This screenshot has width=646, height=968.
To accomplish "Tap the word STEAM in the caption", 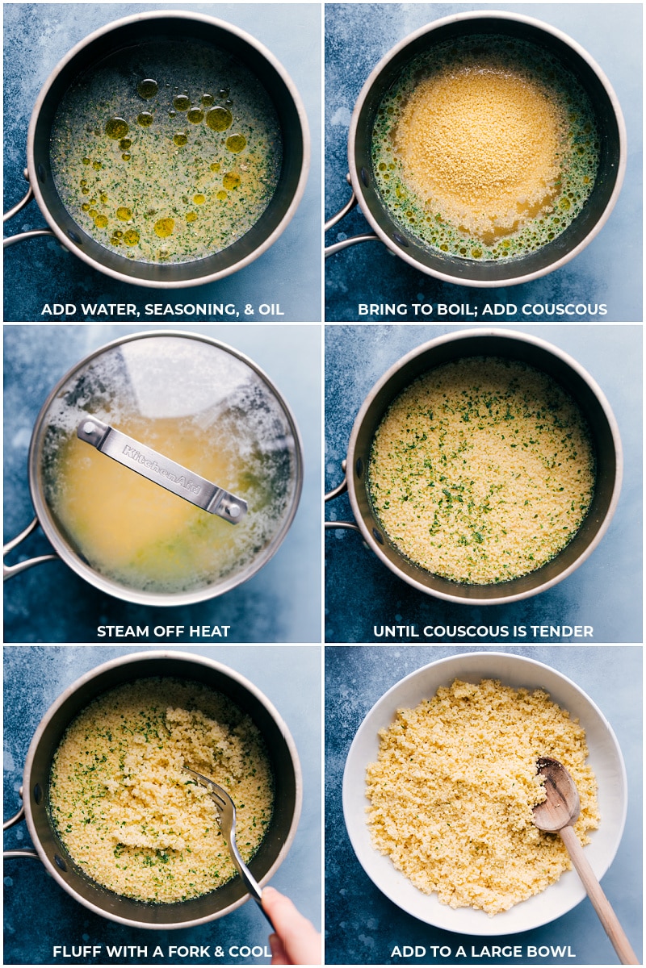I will point(120,631).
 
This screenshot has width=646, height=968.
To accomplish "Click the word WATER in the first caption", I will point(101,310).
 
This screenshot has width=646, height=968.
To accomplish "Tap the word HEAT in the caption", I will point(209,631).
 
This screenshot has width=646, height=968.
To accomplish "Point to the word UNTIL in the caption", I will point(395,631).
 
